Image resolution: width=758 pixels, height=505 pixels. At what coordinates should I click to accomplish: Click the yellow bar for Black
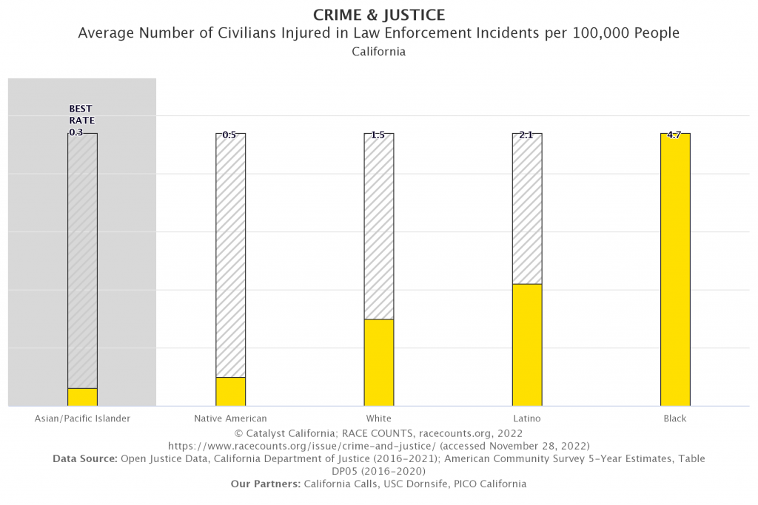[x=675, y=270]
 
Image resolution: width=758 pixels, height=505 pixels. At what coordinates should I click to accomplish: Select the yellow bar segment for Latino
[x=527, y=345]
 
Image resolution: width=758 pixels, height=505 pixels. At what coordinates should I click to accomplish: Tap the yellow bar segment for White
[x=379, y=362]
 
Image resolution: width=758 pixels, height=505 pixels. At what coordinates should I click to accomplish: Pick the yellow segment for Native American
[x=231, y=391]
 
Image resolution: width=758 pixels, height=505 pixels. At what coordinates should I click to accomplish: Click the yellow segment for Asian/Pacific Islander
[x=82, y=397]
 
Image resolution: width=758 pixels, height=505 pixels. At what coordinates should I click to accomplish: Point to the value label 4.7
[x=674, y=135]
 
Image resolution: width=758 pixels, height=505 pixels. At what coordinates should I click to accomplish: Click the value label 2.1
[x=526, y=135]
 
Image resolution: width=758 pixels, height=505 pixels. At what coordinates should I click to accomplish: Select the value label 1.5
[x=378, y=135]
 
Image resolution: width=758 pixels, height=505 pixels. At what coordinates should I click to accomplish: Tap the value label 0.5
[x=229, y=135]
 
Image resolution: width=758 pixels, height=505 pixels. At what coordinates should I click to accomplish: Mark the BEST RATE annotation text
[x=81, y=115]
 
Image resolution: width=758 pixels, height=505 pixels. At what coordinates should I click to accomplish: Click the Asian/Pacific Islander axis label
[x=82, y=418]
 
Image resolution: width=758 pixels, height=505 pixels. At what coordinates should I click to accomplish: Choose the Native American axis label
[x=230, y=418]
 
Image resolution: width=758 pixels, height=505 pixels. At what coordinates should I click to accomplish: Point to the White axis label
[x=378, y=418]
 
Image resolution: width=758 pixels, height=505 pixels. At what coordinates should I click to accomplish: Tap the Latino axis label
[x=526, y=418]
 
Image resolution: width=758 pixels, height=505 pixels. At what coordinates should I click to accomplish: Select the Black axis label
[x=675, y=418]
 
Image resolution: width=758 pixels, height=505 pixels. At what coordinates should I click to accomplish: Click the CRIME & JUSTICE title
[x=378, y=15]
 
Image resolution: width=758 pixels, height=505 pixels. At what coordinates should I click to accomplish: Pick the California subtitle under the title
[x=378, y=52]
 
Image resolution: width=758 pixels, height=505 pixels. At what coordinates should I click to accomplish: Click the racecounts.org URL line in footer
[x=378, y=445]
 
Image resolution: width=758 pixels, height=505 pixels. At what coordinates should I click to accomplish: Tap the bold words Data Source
[x=84, y=458]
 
